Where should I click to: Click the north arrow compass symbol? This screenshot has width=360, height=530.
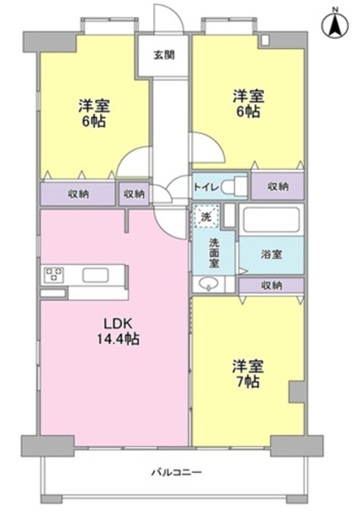click(335, 25)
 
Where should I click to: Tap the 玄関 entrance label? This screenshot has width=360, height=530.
click(164, 55)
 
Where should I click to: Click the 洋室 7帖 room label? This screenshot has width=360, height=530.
click(247, 373)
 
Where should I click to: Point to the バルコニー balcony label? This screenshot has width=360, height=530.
click(176, 471)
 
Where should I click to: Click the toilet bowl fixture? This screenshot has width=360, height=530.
click(234, 185)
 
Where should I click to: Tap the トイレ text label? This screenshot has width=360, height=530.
click(207, 187)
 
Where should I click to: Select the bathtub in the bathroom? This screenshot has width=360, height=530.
click(271, 219)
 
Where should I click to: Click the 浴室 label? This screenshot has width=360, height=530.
click(271, 254)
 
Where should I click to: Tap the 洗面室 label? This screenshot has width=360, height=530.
click(214, 253)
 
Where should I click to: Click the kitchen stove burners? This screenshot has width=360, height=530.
click(54, 274)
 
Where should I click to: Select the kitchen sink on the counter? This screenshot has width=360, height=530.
click(95, 275)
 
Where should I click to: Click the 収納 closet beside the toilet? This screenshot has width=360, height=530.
click(277, 185)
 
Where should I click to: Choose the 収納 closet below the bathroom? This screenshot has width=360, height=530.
click(271, 286)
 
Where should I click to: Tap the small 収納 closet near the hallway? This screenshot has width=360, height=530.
click(134, 194)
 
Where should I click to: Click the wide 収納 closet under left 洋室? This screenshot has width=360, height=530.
click(78, 194)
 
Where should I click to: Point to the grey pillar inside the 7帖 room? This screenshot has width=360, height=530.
click(296, 392)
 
